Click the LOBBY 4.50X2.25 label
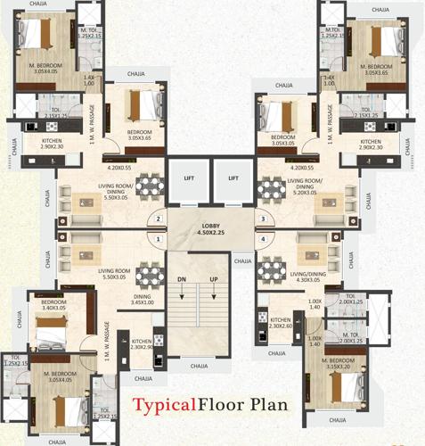(211, 228)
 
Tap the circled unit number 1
(159, 239)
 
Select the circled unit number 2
(159, 219)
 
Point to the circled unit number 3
(263, 219)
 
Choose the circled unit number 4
(263, 239)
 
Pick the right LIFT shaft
(233, 179)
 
